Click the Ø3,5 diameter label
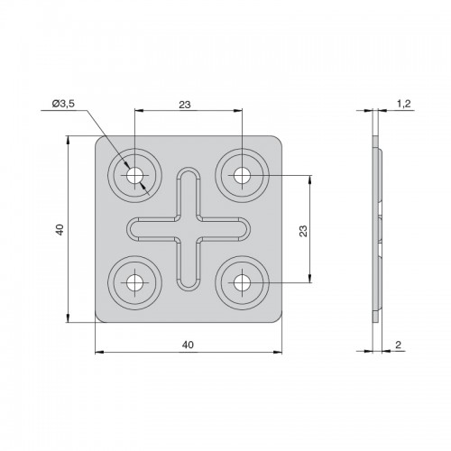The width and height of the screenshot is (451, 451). [x=63, y=104]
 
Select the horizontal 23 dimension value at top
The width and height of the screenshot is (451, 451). [x=185, y=105]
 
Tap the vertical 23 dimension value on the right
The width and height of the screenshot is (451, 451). [x=304, y=231]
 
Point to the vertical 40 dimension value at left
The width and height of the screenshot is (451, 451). [x=60, y=229]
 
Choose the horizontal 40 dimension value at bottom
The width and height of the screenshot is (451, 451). [x=188, y=345]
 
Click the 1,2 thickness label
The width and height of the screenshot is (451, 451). [x=404, y=104]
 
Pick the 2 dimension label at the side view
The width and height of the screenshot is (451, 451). [x=398, y=345]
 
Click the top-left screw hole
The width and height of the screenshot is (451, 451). [x=134, y=175]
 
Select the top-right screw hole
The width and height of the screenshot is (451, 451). [x=242, y=175]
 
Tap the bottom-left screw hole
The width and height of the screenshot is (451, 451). [x=134, y=283]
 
